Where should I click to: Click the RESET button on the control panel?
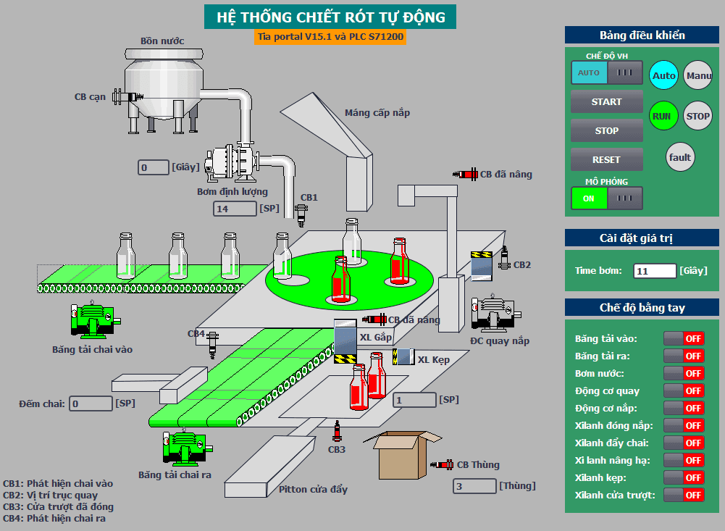click(606, 159)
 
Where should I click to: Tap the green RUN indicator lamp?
click(663, 116)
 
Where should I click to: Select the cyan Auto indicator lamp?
click(663, 75)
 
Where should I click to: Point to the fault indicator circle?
click(680, 156)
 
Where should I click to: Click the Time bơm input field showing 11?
click(655, 271)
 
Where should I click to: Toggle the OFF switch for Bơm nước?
click(684, 373)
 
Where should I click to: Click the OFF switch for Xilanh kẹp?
click(684, 478)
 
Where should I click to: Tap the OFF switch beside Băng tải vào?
click(684, 338)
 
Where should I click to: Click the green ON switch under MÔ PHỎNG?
click(589, 198)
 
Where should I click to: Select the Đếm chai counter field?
click(91, 404)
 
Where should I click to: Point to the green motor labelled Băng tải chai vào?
click(94, 319)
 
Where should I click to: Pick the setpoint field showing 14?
click(235, 209)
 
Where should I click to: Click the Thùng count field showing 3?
click(474, 486)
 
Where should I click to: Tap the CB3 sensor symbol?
click(337, 432)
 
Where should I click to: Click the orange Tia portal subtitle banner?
click(330, 36)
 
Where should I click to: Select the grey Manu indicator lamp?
click(697, 75)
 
